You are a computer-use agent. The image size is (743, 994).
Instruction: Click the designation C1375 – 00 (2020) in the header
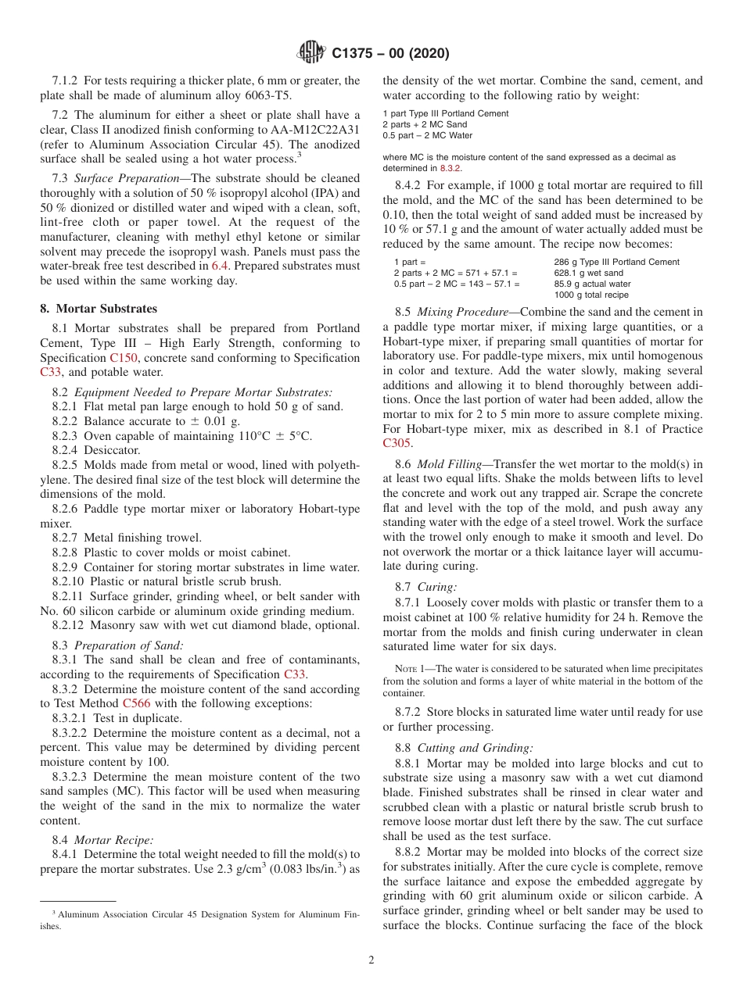390,54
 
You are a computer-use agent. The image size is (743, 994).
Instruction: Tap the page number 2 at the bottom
371,960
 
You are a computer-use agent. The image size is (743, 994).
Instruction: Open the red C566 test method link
136,703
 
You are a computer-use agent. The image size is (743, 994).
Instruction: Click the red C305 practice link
397,443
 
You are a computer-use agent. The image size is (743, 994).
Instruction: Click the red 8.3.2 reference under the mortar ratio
450,168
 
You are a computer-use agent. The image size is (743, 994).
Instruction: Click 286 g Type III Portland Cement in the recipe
616,262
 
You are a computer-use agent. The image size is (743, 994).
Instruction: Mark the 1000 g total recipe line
590,295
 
